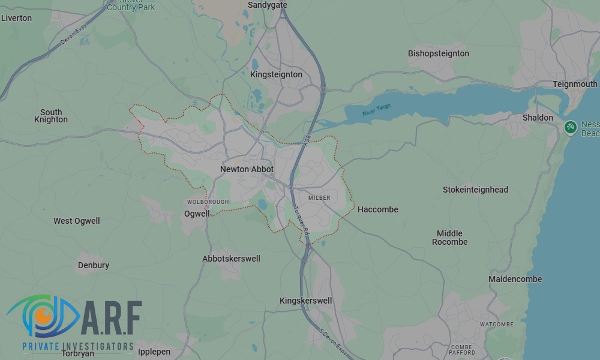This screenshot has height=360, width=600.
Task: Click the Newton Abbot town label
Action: (247, 169)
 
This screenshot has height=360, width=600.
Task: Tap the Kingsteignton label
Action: (276, 74)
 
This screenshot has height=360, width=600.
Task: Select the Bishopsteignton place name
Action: (439, 53)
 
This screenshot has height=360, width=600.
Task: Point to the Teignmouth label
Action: (575, 84)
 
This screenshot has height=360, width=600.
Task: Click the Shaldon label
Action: (538, 118)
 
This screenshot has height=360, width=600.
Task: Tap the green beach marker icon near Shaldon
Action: (571, 127)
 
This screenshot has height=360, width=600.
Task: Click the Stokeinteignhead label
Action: (475, 190)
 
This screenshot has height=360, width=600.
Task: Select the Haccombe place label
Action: (377, 209)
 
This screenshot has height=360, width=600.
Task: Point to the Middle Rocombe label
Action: (449, 238)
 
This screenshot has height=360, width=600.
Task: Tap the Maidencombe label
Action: (515, 279)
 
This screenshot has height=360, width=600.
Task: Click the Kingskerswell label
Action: (306, 301)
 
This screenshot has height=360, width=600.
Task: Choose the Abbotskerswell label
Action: (231, 259)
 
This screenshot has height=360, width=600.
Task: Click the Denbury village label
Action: (94, 265)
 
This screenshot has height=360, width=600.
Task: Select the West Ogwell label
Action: (77, 221)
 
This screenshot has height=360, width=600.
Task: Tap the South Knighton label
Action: (51, 116)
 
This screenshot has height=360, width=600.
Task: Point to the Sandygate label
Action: (268, 5)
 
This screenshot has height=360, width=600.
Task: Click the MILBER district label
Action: (319, 197)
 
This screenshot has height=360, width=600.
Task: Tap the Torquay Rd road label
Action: (301, 219)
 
